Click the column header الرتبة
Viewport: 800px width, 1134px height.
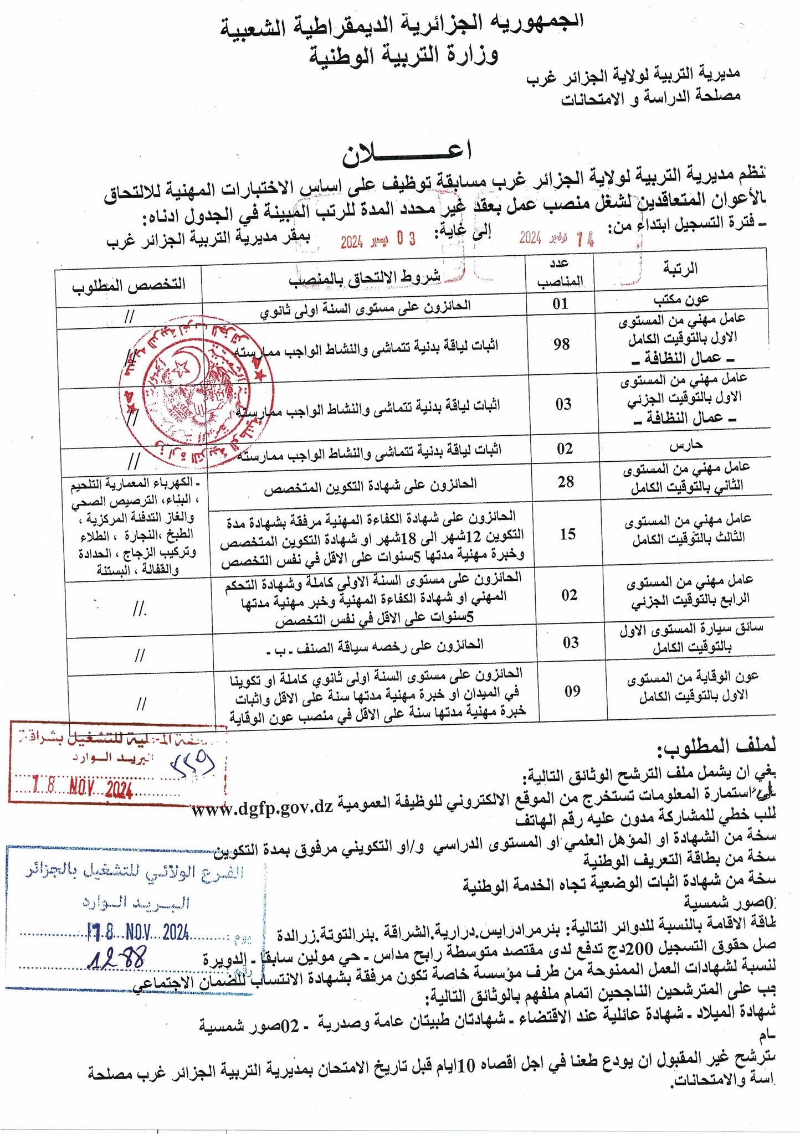(x=680, y=269)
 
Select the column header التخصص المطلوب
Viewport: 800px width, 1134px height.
(x=129, y=284)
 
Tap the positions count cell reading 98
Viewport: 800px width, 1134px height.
(x=561, y=344)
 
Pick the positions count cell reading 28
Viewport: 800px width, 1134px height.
(x=566, y=482)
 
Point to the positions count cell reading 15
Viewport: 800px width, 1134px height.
(x=567, y=534)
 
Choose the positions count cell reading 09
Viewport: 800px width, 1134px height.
(x=572, y=690)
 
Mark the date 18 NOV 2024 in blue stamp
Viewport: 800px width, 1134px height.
(x=139, y=934)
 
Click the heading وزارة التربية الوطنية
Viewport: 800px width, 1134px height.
(x=403, y=54)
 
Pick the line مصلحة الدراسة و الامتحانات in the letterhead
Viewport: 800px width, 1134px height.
(x=651, y=97)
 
